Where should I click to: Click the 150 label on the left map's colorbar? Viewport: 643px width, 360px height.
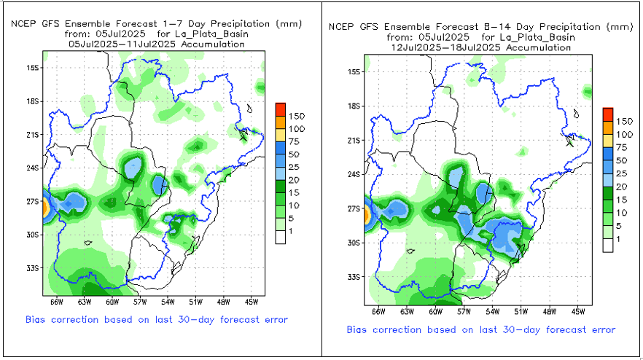coord(295,116)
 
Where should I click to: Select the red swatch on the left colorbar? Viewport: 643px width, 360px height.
coord(281,109)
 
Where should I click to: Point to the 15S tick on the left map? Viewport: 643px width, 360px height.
coord(33,68)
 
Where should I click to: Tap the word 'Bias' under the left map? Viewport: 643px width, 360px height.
coord(36,319)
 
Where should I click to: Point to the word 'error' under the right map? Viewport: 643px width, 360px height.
coord(600,329)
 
